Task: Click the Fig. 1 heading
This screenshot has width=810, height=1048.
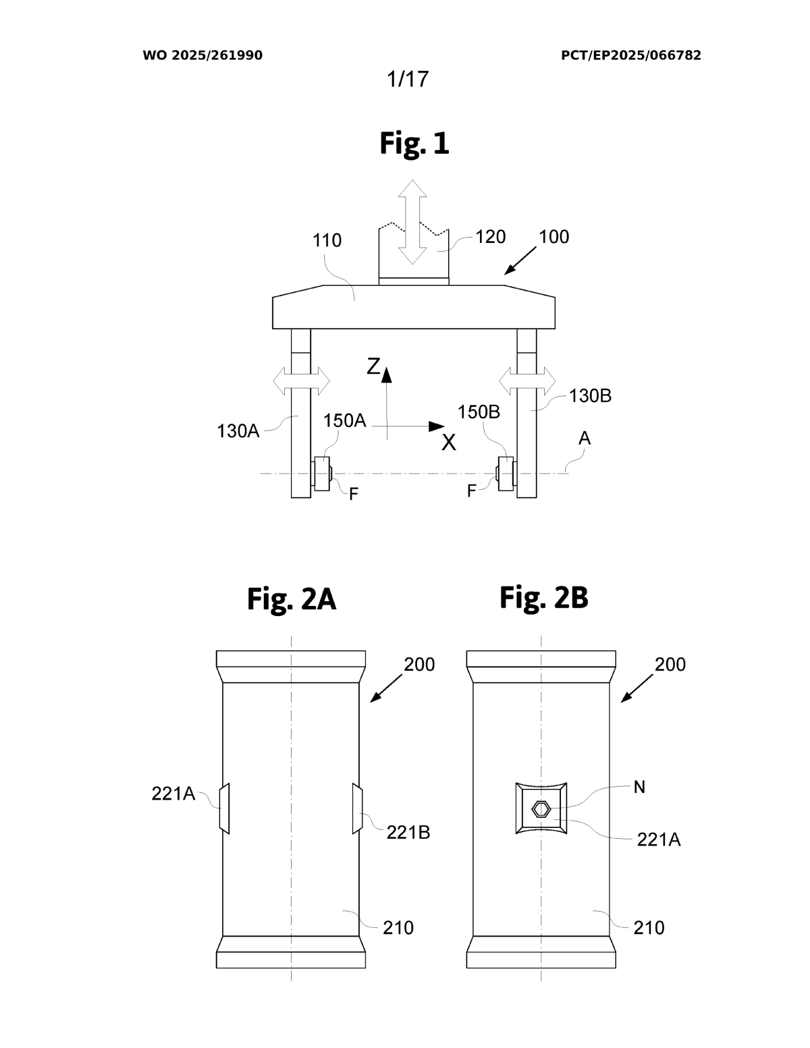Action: click(414, 143)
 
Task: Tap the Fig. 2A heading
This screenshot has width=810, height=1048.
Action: click(291, 599)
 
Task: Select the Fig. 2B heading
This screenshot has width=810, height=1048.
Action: click(543, 597)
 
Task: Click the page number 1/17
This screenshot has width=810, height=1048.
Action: click(407, 79)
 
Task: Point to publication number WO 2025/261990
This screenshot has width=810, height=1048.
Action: click(202, 55)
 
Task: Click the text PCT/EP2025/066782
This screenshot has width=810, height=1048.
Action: click(630, 55)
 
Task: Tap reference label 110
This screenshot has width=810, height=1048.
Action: click(327, 240)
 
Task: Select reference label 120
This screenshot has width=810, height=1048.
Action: click(491, 237)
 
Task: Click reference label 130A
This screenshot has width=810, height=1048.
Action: click(238, 431)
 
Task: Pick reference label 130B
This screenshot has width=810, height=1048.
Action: click(590, 396)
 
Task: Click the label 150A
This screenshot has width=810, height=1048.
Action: click(344, 420)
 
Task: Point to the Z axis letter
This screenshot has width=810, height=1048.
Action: click(373, 366)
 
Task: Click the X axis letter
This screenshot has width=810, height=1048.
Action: click(449, 443)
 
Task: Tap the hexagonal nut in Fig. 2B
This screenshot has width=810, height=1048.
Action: click(541, 808)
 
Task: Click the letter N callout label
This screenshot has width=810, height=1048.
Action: click(639, 787)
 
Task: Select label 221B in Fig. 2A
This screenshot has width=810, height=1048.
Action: click(408, 833)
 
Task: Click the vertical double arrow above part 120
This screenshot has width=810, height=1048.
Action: click(412, 222)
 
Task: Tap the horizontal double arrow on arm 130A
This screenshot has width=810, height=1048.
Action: click(301, 382)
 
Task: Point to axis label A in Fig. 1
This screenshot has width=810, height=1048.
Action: click(585, 439)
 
